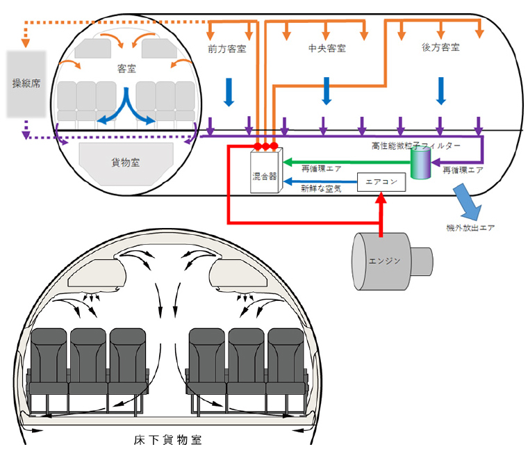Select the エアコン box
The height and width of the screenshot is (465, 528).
click(x=380, y=182)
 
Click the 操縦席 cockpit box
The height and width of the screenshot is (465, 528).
click(x=27, y=83)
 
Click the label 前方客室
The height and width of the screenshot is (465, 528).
click(x=226, y=49)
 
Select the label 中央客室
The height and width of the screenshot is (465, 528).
click(x=327, y=49)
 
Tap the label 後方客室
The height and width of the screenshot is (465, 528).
click(x=440, y=49)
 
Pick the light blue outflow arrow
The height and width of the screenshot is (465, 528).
click(x=467, y=202)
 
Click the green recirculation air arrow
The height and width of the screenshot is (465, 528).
click(x=347, y=163)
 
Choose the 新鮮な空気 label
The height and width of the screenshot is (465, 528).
click(x=321, y=188)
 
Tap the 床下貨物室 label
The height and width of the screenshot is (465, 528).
click(x=168, y=440)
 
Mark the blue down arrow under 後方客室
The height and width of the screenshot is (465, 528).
click(x=440, y=90)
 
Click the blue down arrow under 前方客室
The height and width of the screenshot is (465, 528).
click(x=226, y=90)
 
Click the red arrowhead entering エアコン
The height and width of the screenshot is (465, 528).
click(x=380, y=199)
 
